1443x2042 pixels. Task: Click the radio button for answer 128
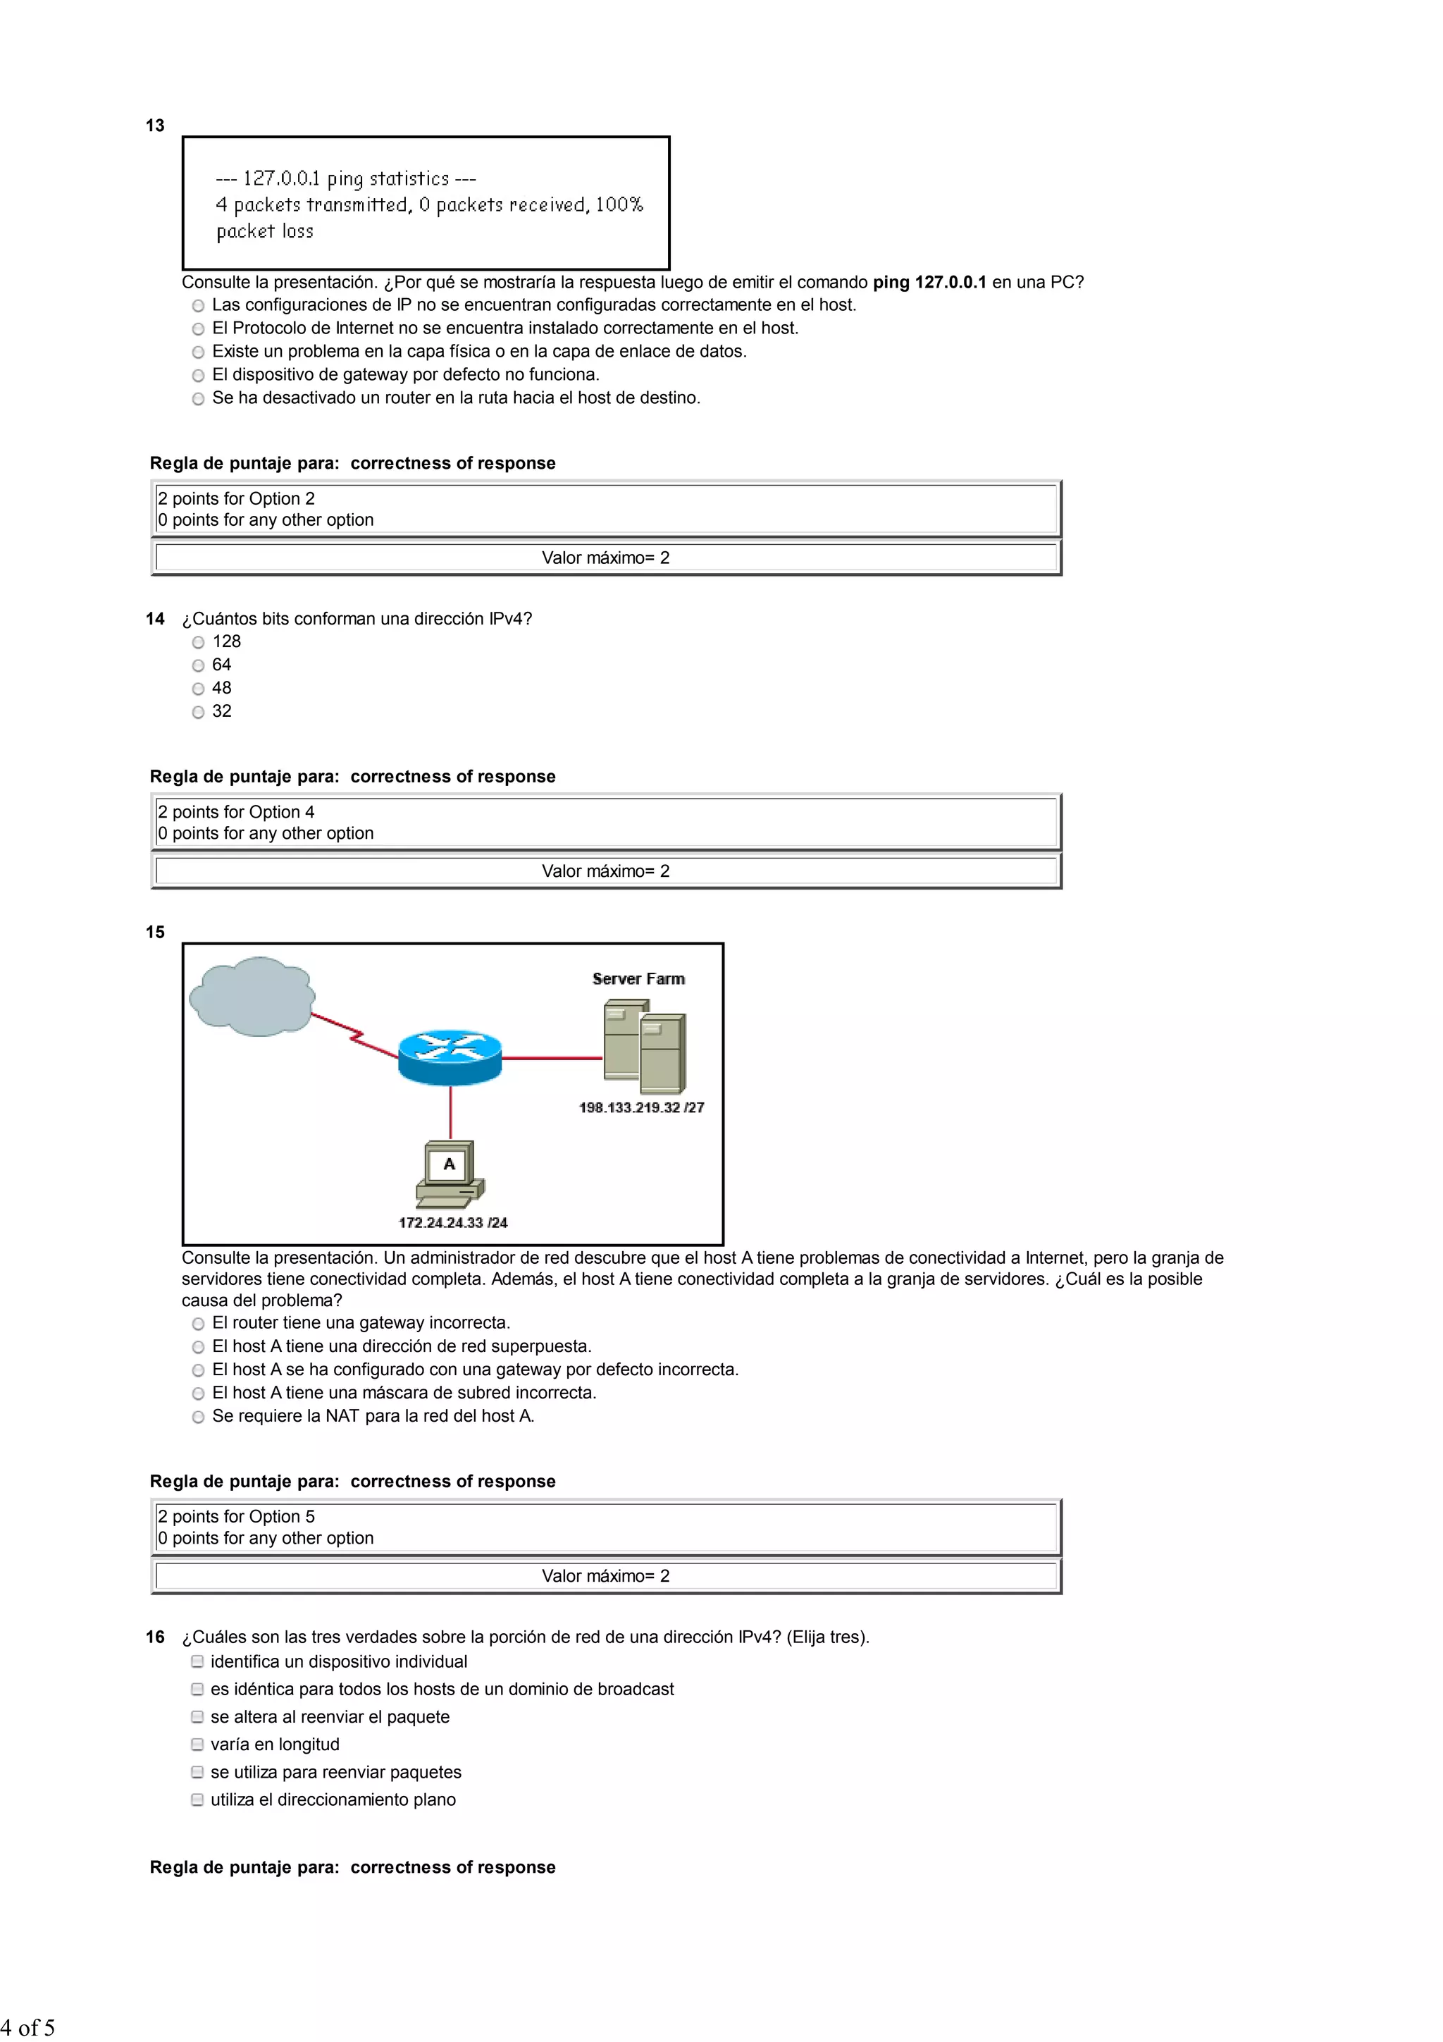pyautogui.click(x=198, y=642)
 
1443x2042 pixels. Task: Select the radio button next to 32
pyautogui.click(x=198, y=711)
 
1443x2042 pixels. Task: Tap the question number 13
pyautogui.click(x=155, y=125)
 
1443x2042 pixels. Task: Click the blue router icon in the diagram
pyautogui.click(x=450, y=1057)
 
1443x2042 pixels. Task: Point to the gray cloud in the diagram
pyautogui.click(x=252, y=996)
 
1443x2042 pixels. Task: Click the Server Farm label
pyautogui.click(x=638, y=978)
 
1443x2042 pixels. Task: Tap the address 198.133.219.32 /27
pyautogui.click(x=641, y=1107)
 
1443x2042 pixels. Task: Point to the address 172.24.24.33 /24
pyautogui.click(x=452, y=1223)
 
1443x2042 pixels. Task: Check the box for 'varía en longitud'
pyautogui.click(x=197, y=1744)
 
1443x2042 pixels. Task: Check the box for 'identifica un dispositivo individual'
pyautogui.click(x=197, y=1661)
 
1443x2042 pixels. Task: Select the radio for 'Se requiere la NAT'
pyautogui.click(x=198, y=1417)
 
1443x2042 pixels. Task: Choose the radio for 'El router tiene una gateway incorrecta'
pyautogui.click(x=198, y=1323)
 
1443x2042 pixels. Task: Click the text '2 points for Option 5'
pyautogui.click(x=237, y=1516)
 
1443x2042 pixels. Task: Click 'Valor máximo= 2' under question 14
pyautogui.click(x=605, y=871)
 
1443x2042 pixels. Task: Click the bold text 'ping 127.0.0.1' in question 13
pyautogui.click(x=929, y=282)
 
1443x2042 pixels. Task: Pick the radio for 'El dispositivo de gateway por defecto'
pyautogui.click(x=198, y=375)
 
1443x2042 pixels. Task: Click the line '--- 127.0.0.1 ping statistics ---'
pyautogui.click(x=346, y=179)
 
